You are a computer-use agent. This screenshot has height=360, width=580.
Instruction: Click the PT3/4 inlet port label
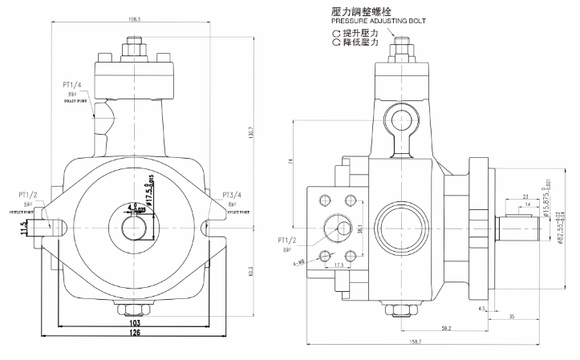pyautogui.click(x=233, y=195)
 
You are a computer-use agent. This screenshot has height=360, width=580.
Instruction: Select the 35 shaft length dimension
pyautogui.click(x=513, y=318)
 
